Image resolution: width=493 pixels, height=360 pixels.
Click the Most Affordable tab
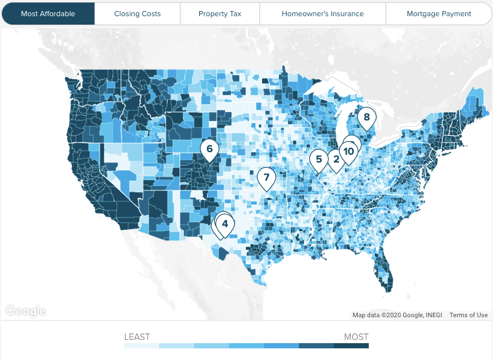48,14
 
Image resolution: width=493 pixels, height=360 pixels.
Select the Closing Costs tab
137,14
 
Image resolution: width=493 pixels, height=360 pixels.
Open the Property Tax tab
220,14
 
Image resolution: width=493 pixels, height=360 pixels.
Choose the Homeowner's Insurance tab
322,14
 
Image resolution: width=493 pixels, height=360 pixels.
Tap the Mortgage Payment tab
439,14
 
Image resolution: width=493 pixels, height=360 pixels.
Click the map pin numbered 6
209,150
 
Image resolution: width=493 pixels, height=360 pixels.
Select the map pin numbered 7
266,177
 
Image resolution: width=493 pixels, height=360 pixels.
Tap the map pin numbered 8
366,118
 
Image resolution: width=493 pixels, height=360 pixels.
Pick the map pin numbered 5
318,159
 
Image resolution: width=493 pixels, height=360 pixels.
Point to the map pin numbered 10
349,152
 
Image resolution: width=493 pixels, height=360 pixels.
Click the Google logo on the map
26,311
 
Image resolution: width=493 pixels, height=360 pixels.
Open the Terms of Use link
468,315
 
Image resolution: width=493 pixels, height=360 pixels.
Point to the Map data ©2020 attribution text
398,315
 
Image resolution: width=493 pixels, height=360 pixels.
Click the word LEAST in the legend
137,337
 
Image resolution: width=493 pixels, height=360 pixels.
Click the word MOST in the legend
356,337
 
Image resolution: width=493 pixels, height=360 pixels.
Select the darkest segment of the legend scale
351,346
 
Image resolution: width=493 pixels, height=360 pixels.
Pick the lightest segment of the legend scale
142,346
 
